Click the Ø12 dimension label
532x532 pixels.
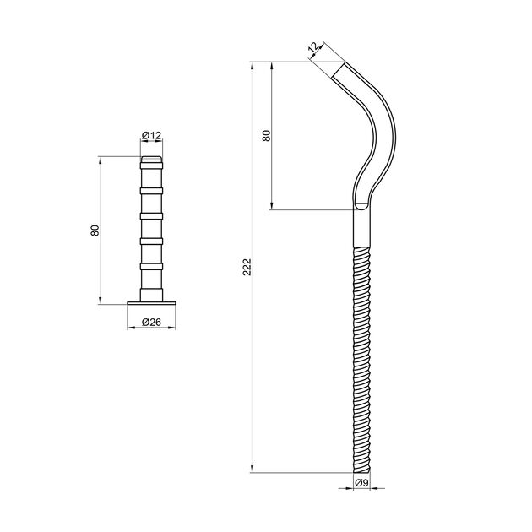coord(152,135)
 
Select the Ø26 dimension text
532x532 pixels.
coord(152,322)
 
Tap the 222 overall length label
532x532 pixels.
coord(245,269)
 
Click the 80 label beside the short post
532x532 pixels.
coord(95,230)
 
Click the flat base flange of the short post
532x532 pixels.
coord(152,301)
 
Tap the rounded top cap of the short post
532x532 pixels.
coord(152,159)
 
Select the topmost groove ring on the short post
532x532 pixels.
coord(152,168)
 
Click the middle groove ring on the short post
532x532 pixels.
coord(152,217)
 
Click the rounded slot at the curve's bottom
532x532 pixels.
coord(361,204)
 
